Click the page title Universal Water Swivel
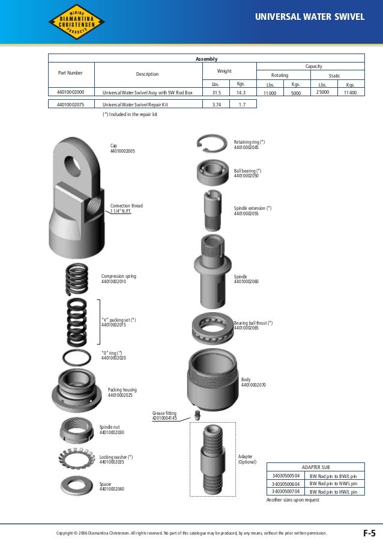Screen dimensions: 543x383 point(310,17)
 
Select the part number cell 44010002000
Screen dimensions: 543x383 point(70,93)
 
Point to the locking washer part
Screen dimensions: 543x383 point(77,461)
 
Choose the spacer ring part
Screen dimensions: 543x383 point(77,485)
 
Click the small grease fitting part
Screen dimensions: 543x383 point(197,414)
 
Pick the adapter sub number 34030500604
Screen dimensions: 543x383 point(286,483)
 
